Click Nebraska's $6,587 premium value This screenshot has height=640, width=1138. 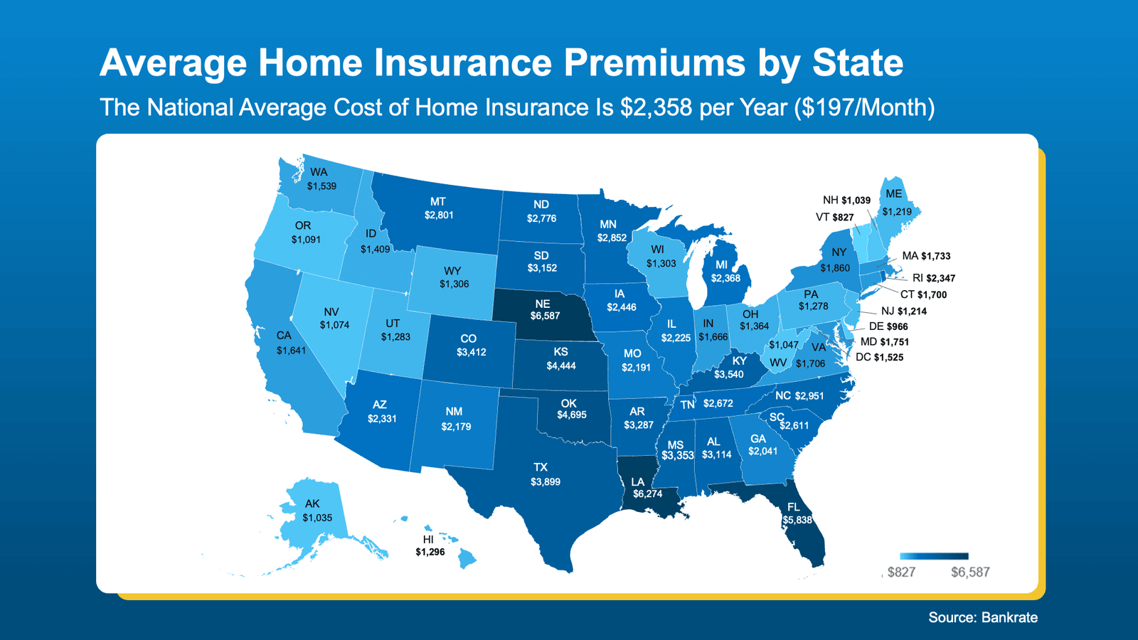[545, 316]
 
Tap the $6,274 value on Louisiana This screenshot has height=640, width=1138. [647, 494]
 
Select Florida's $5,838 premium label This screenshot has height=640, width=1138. [797, 520]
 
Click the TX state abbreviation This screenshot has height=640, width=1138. [541, 467]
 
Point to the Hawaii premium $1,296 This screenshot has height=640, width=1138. [430, 552]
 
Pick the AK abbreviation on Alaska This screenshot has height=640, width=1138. [312, 503]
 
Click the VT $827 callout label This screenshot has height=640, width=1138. [834, 217]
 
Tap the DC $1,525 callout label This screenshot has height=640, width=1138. [879, 357]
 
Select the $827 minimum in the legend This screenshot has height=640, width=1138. [901, 572]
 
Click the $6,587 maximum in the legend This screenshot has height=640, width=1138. [970, 572]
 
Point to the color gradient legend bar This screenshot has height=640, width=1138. [934, 556]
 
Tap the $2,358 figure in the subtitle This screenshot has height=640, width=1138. [656, 107]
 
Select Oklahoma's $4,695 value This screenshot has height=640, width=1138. [571, 415]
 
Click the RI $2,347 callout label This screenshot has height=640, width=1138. [933, 278]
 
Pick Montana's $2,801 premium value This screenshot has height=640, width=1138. [439, 215]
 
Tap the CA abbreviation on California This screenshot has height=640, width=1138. [284, 336]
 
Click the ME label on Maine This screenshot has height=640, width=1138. [893, 194]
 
